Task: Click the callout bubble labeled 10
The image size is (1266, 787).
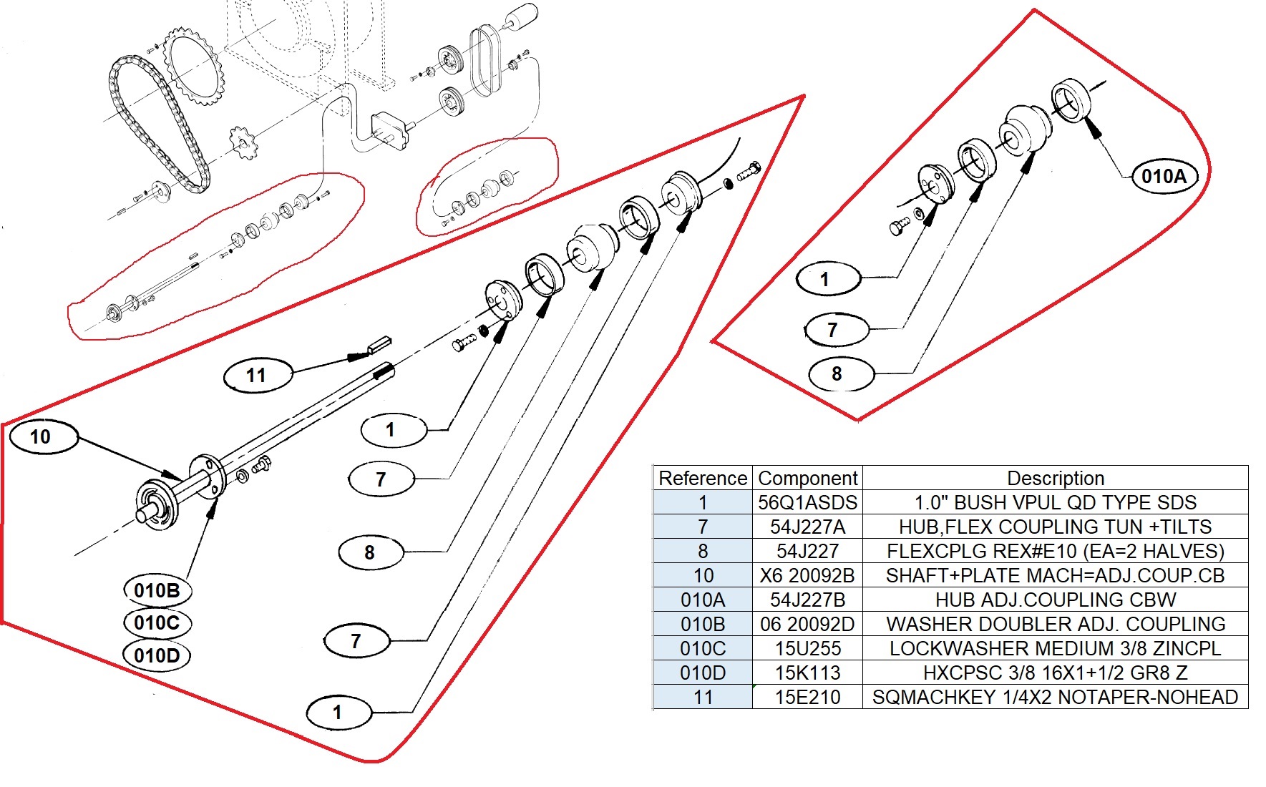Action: [x=40, y=437]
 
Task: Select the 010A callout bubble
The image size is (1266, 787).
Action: [x=1164, y=176]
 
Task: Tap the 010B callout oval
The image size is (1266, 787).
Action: [x=157, y=591]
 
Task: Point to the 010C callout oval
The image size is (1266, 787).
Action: [x=157, y=623]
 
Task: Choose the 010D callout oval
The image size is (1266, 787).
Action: [x=157, y=655]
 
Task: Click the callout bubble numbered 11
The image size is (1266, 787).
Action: [x=256, y=375]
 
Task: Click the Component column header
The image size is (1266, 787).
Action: [x=807, y=478]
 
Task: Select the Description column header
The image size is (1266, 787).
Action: [x=1056, y=478]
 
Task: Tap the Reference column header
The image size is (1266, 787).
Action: [x=703, y=478]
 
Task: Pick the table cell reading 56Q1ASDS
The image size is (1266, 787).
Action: [x=807, y=502]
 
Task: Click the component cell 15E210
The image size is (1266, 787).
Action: [x=807, y=697]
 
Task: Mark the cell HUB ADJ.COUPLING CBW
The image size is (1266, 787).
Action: [x=1056, y=600]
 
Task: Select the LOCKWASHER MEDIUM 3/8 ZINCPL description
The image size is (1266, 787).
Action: [x=1056, y=648]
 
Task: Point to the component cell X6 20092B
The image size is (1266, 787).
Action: [x=807, y=575]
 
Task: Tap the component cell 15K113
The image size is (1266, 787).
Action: [x=807, y=673]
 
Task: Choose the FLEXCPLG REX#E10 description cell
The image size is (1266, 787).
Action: [x=1056, y=551]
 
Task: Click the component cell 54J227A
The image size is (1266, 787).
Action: [x=807, y=527]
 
